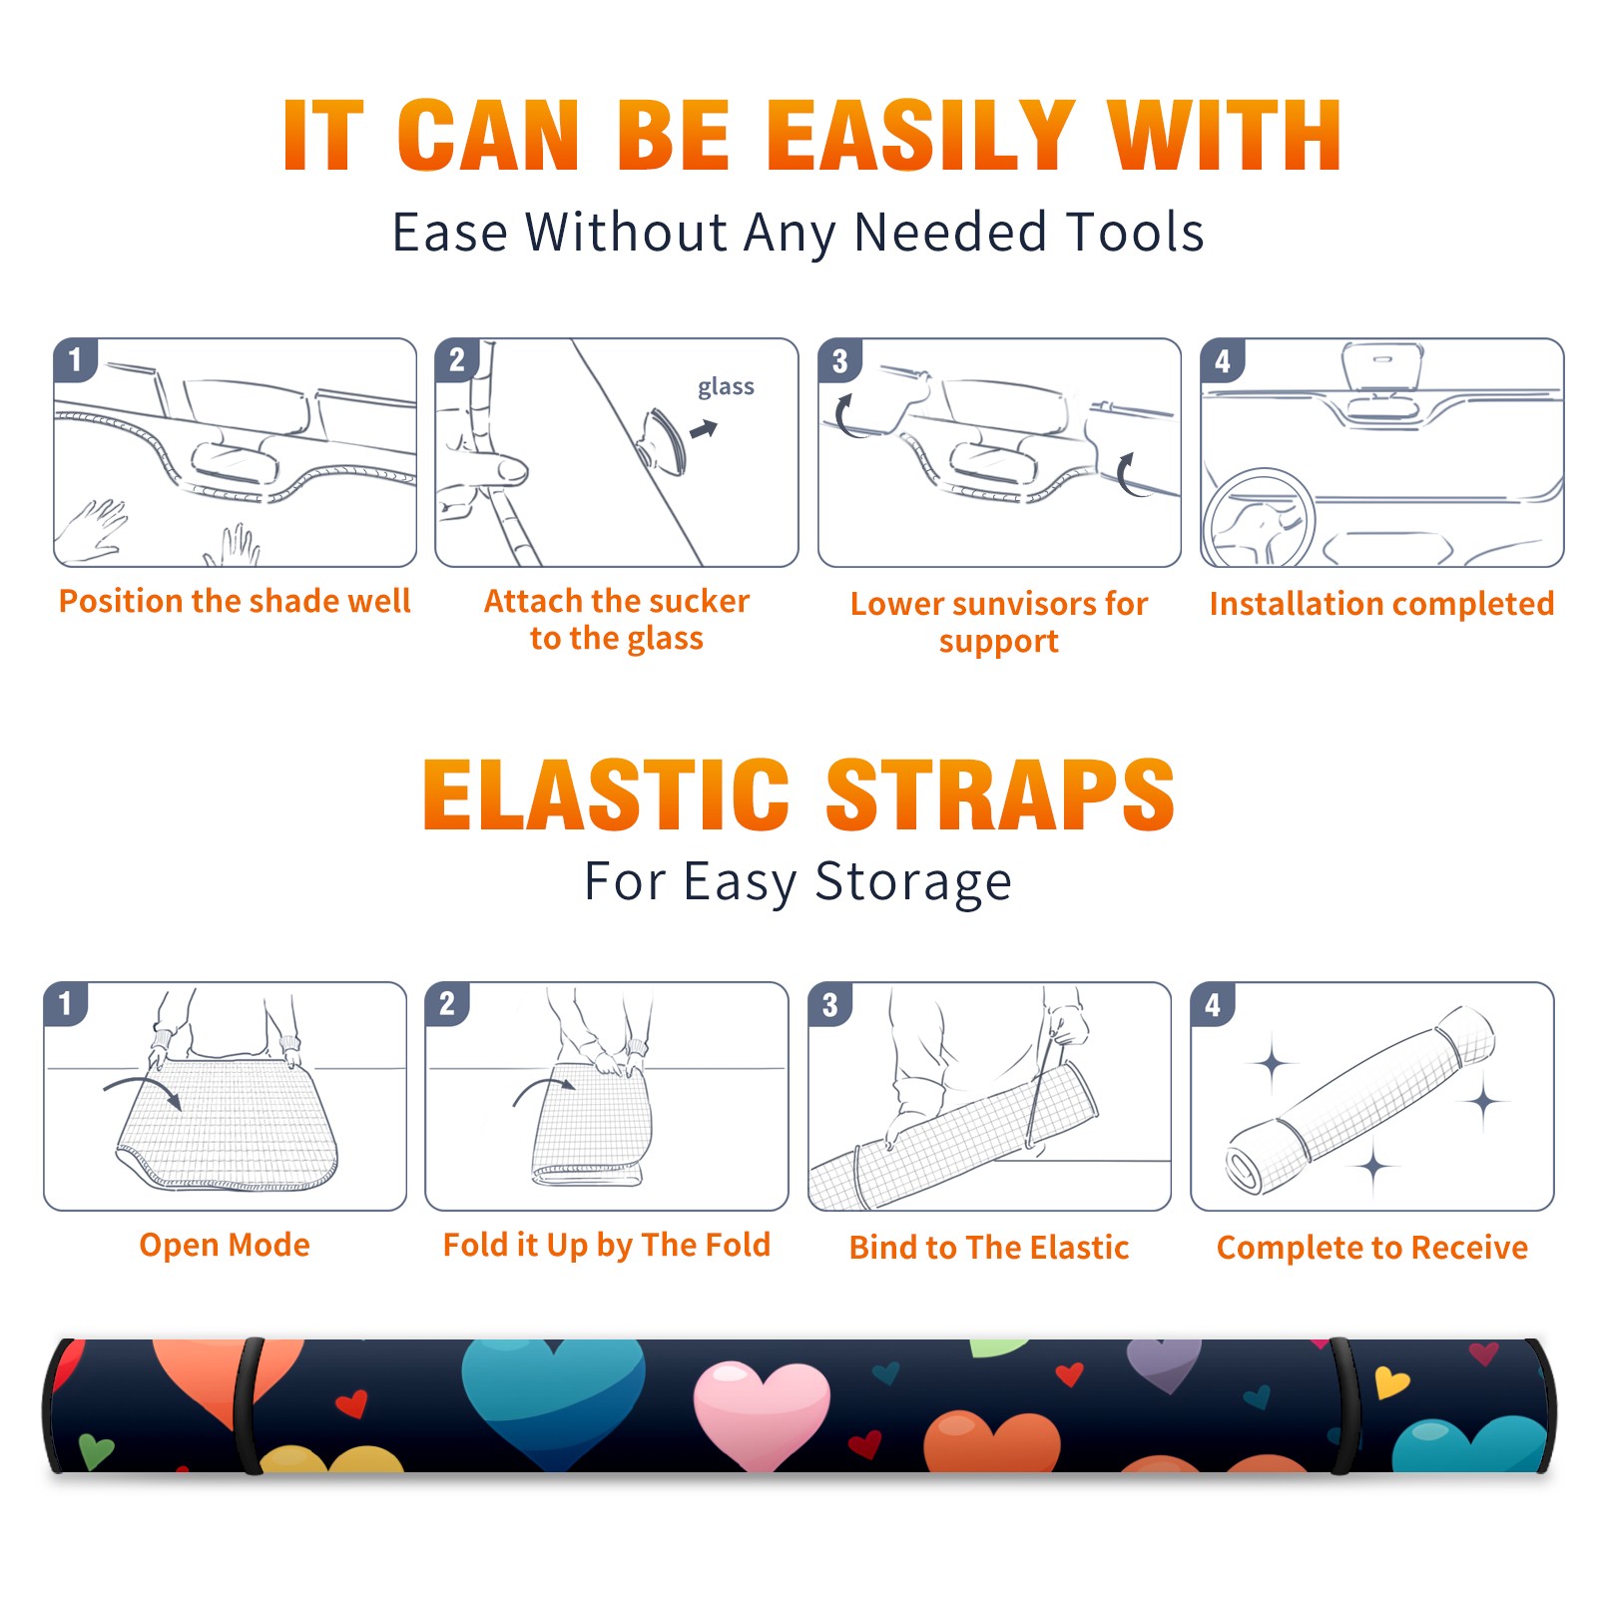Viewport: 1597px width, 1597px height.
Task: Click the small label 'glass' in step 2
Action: [726, 387]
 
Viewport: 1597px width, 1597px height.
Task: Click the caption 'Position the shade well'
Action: [235, 601]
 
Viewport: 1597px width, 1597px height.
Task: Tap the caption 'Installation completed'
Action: [1381, 603]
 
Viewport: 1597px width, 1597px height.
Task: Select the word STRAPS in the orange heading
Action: [1000, 795]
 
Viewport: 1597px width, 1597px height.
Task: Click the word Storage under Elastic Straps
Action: [913, 882]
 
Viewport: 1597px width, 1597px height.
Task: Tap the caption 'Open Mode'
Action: [225, 1245]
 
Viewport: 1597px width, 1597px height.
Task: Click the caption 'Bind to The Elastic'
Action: [989, 1248]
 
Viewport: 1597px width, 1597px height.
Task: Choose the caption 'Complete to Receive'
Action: [1372, 1248]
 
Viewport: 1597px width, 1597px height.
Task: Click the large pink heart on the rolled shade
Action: [762, 1413]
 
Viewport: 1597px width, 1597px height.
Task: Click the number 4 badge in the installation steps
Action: [1223, 360]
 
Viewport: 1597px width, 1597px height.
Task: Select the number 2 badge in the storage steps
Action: [447, 1003]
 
